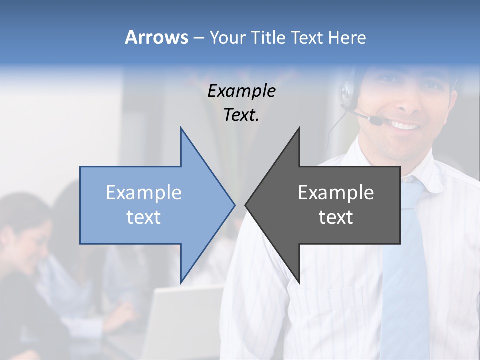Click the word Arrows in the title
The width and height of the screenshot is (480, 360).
coord(156,37)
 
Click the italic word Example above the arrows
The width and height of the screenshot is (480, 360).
coord(241,91)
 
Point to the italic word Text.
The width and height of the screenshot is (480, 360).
coord(241,115)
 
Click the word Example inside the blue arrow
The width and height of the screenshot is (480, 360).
coord(144,193)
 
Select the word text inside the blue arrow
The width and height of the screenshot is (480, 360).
coord(144,217)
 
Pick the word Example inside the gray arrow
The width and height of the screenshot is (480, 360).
coord(336,193)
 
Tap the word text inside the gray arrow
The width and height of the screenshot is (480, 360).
coord(336,217)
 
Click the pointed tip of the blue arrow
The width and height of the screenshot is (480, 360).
coord(234,205)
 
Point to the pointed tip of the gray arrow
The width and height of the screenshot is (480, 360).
coord(246,205)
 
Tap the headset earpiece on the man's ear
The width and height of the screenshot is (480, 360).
coord(346,92)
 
